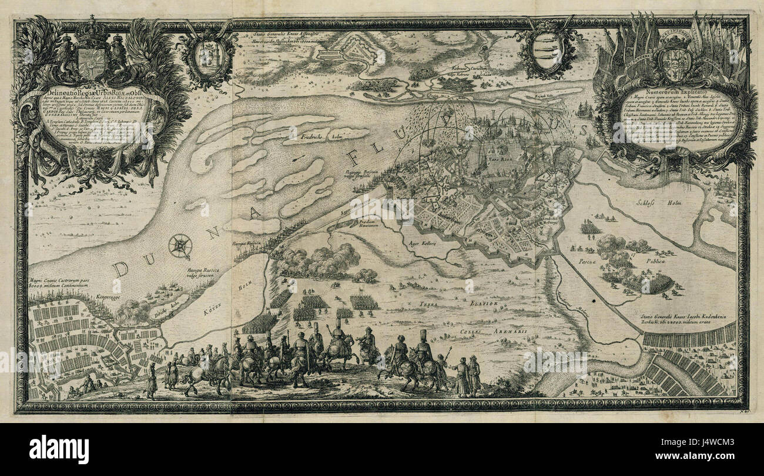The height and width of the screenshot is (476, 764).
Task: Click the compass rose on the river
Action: click(x=180, y=246)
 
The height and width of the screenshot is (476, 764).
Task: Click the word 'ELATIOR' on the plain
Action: click(x=482, y=304)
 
